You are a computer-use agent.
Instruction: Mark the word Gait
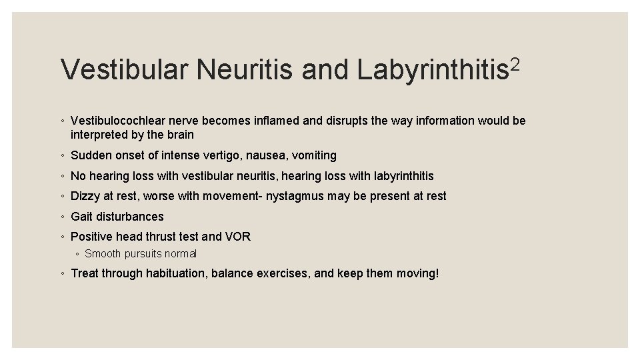click(82, 217)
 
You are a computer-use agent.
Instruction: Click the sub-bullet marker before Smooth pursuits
click(77, 254)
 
